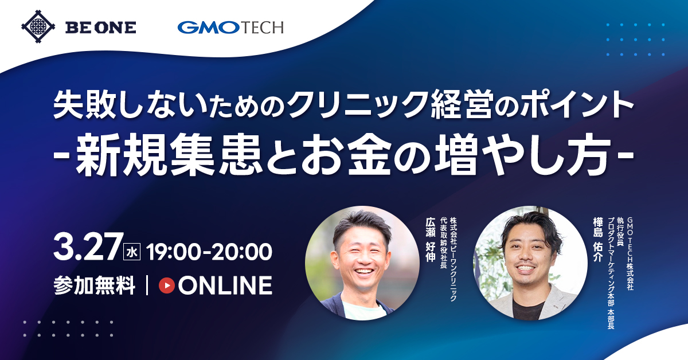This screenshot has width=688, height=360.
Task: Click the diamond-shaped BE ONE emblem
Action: click(38, 27)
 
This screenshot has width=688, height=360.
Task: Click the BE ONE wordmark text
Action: click(101, 28)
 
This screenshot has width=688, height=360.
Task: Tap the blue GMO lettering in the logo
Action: click(208, 28)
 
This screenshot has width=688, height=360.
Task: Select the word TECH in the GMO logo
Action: click(261, 28)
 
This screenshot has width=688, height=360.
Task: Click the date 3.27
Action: click(87, 247)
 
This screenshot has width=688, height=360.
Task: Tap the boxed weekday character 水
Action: click(132, 252)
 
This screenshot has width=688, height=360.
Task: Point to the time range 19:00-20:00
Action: click(209, 252)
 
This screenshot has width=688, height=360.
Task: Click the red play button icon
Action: click(166, 285)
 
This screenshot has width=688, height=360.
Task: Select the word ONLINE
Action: click(225, 285)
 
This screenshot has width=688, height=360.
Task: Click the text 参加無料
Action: click(95, 285)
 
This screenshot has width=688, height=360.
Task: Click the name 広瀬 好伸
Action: click(431, 240)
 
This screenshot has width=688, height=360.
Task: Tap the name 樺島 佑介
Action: click(597, 240)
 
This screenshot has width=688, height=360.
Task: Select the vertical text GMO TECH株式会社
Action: click(630, 254)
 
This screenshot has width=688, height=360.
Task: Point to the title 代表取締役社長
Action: click(443, 242)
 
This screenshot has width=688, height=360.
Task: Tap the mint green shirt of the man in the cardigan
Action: click(364, 310)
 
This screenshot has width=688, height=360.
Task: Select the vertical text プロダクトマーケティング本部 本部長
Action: click(611, 273)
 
